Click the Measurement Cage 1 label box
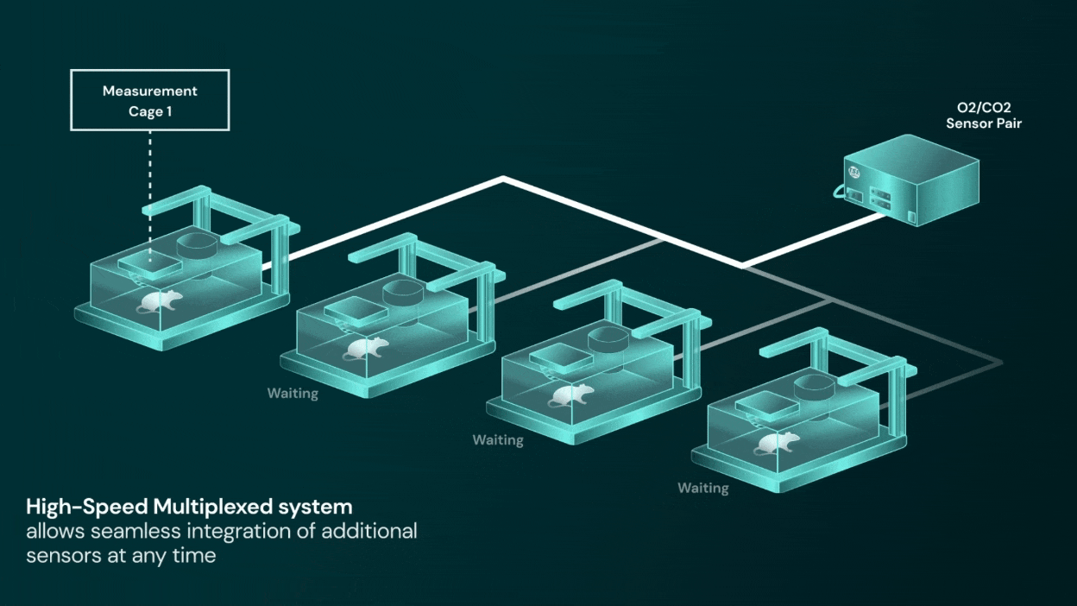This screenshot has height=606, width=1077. [150, 101]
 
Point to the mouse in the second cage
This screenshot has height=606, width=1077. [366, 348]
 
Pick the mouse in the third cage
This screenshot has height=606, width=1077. [571, 395]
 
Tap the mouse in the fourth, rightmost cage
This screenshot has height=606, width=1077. [777, 442]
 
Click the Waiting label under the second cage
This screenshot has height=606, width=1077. [293, 394]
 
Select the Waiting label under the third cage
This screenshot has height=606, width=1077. [498, 440]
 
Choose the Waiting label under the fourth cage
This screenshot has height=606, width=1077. [702, 488]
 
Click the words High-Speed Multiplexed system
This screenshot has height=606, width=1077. [189, 506]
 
